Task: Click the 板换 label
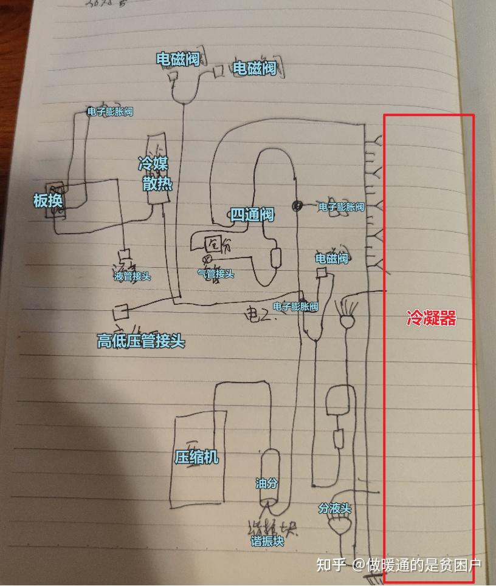49,201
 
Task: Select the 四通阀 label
252,214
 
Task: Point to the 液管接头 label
132,276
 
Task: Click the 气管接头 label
216,274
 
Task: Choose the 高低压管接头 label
140,341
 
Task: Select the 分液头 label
335,509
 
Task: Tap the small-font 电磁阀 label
331,259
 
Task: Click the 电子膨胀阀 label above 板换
110,112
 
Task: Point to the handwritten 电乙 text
260,315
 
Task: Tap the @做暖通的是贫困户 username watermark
417,565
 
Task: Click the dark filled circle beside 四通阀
298,206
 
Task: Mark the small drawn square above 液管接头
125,256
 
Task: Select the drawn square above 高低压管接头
119,313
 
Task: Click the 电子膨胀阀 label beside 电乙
295,307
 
